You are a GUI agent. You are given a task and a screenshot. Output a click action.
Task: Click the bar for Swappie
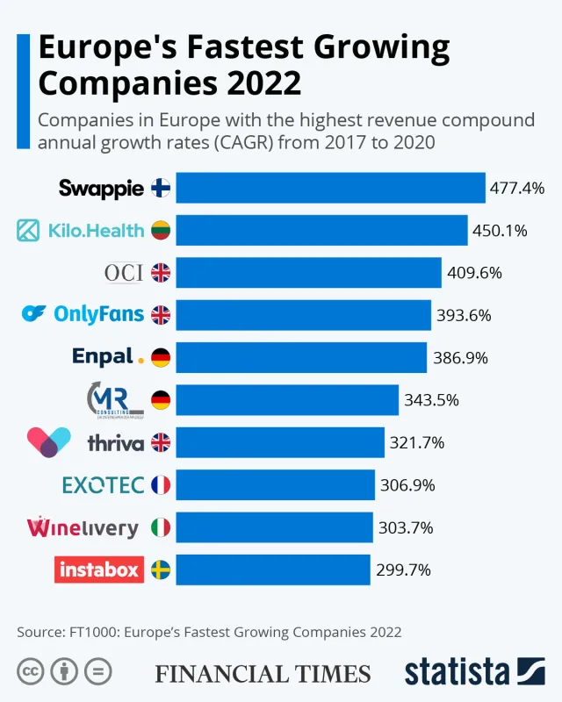click(x=330, y=188)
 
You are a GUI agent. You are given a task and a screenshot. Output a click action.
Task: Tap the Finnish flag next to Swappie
click(x=161, y=188)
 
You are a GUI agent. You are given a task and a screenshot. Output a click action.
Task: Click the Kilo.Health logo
click(x=81, y=231)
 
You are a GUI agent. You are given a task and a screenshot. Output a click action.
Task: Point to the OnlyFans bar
click(x=304, y=315)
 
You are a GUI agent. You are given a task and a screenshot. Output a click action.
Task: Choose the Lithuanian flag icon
click(x=161, y=231)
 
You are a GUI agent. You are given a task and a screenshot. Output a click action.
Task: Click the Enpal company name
click(x=104, y=357)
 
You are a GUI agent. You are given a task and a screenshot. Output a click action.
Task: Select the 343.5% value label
click(x=430, y=400)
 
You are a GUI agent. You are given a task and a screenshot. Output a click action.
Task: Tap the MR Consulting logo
click(x=115, y=399)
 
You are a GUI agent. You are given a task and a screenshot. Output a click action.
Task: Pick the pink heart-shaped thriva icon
click(x=48, y=441)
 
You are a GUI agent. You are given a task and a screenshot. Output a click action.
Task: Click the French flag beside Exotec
click(x=161, y=484)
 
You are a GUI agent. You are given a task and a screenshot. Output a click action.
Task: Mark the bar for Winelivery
click(x=274, y=527)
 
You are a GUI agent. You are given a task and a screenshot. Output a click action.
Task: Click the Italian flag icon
click(x=161, y=527)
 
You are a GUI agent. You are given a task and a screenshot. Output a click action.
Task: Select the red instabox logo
click(x=98, y=569)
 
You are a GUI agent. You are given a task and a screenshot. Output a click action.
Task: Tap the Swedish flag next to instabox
click(x=161, y=569)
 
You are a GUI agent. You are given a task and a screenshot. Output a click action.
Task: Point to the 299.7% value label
click(x=403, y=570)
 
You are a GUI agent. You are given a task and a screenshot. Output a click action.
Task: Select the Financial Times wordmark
click(x=263, y=673)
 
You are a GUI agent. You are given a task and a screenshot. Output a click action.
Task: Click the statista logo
click(x=474, y=671)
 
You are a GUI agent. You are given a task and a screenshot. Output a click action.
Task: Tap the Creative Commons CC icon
click(x=31, y=672)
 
